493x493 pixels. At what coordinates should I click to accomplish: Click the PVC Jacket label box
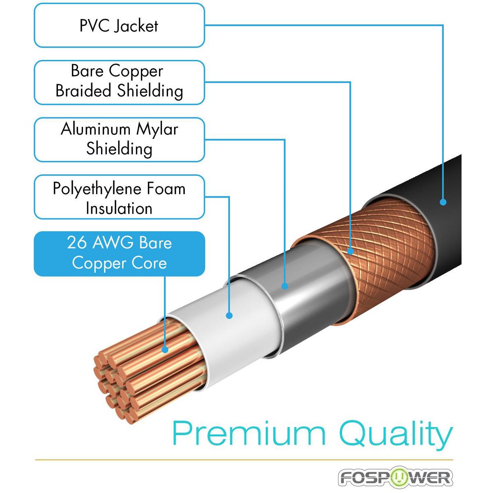[119, 25]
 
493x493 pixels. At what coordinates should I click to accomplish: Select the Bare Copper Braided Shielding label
[119, 82]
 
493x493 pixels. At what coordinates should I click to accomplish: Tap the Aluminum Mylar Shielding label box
[119, 140]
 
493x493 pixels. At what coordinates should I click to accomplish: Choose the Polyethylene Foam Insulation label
[119, 197]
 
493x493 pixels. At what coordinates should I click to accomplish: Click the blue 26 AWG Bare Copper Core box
[119, 253]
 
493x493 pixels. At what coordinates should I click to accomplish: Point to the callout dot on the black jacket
[443, 202]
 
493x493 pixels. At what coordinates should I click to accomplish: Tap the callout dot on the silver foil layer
[284, 286]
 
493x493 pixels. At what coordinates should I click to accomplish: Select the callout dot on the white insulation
[229, 316]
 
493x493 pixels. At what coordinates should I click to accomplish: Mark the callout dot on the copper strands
[165, 350]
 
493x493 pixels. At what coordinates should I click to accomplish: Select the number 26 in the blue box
[77, 242]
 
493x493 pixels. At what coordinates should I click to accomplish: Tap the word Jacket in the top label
[136, 26]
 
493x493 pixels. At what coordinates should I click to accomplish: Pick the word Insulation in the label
[119, 208]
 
